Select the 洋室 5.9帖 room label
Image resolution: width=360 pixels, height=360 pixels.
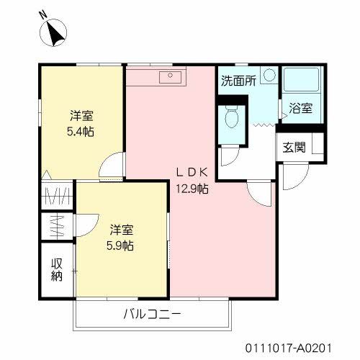click(x=122, y=237)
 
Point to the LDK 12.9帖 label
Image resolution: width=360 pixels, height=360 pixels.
click(x=193, y=181)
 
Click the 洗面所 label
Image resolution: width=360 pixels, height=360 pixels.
click(x=238, y=81)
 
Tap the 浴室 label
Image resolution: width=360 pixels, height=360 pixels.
click(x=300, y=109)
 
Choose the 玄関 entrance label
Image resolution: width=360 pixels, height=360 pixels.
click(x=293, y=148)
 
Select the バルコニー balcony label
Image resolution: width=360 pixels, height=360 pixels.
click(x=152, y=314)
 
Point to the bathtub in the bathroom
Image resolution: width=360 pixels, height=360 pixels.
click(x=302, y=81)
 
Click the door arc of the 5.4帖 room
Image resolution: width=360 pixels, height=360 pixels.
click(x=111, y=167)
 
